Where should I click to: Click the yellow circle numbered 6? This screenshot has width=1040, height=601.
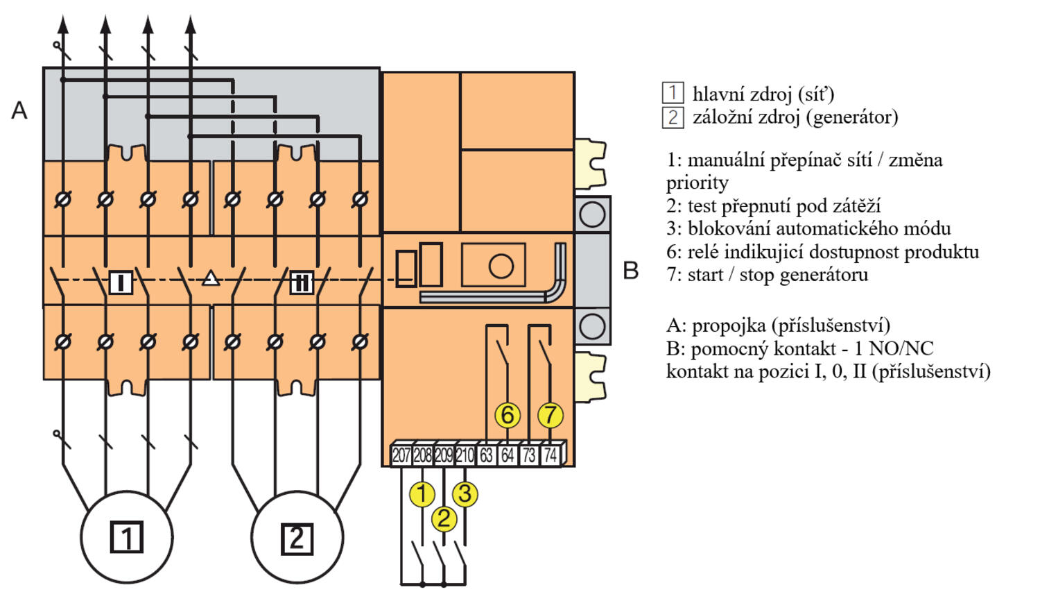click(x=508, y=415)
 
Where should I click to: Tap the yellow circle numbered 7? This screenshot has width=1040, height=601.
click(x=551, y=415)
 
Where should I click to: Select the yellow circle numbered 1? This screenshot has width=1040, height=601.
click(x=422, y=494)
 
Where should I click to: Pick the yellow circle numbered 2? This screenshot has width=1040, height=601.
click(x=444, y=518)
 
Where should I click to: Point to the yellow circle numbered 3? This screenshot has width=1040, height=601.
click(x=465, y=494)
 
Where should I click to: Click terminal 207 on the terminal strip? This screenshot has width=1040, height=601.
click(x=401, y=455)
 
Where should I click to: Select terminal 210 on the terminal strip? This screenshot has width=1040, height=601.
click(x=465, y=455)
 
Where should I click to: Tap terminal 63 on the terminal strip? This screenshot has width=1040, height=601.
click(x=486, y=455)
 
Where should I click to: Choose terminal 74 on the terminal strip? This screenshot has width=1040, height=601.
click(x=551, y=455)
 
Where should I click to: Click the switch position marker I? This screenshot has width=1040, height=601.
click(x=121, y=282)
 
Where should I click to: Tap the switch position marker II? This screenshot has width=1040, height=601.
click(x=302, y=282)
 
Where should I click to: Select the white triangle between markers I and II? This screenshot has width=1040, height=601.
click(x=211, y=279)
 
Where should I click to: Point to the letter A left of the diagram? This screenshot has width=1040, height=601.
click(x=19, y=110)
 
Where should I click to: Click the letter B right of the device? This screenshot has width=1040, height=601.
click(x=630, y=271)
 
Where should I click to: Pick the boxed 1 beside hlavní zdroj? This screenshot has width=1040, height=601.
click(x=673, y=93)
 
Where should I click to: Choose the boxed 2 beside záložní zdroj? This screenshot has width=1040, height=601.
click(x=673, y=117)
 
